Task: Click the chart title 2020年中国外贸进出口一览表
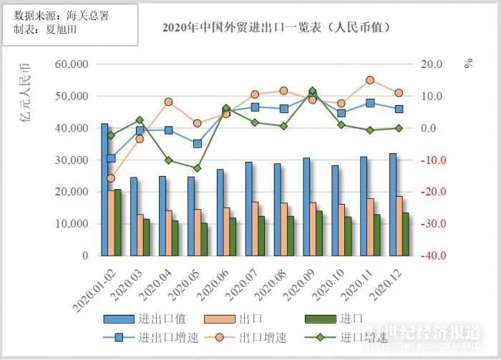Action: coord(276,27)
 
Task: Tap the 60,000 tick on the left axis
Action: coord(71,64)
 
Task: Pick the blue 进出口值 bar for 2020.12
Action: coord(392,204)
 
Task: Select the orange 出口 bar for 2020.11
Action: coord(371,226)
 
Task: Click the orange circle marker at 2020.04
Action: coord(168,102)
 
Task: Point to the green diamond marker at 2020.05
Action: coord(198,168)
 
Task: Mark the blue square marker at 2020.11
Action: coord(370,103)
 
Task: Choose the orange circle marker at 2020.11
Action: coord(370,80)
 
